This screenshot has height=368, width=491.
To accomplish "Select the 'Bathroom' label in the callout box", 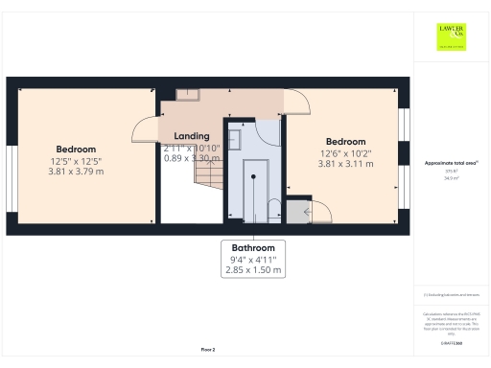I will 253,247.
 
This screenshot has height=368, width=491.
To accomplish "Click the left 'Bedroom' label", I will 75,149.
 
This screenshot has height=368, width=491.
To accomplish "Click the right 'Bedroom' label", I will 345,140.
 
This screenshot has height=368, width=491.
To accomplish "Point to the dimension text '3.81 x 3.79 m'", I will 75,172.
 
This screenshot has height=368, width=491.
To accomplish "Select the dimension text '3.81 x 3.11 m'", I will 345,164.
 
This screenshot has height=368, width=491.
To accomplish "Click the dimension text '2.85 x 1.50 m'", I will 253,270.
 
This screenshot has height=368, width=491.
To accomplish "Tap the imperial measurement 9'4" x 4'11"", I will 253,259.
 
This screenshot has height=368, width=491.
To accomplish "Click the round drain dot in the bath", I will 252,175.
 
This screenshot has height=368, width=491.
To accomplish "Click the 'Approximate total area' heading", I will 450,164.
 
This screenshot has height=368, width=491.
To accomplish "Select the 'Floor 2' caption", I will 208,350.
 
